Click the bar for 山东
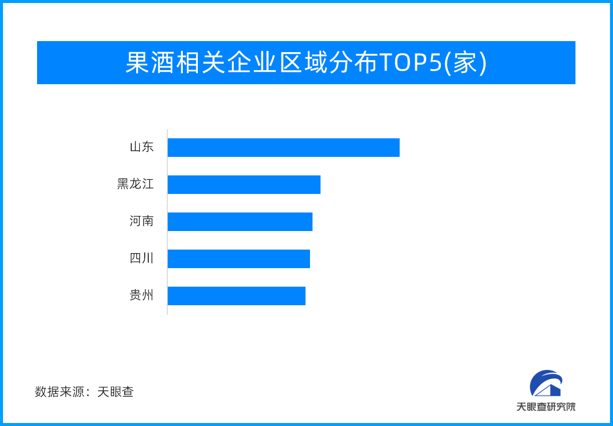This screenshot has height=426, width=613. click(283, 147)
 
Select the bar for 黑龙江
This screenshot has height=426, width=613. click(244, 184)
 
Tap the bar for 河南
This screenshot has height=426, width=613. click(240, 222)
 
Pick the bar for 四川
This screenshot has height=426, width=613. click(238, 259)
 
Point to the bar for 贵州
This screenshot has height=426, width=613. click(236, 296)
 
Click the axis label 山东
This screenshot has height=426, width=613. click(142, 147)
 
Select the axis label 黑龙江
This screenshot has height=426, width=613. click(135, 184)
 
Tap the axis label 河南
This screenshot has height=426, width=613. click(142, 222)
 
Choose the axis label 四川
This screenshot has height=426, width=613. click(142, 259)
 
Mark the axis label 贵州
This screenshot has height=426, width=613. click(142, 296)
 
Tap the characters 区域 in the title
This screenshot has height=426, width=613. click(303, 63)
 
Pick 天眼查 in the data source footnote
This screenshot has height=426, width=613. click(116, 392)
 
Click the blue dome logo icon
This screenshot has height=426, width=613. click(546, 383)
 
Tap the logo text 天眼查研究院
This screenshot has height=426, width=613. click(546, 406)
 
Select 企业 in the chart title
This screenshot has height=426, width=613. click(252, 63)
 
